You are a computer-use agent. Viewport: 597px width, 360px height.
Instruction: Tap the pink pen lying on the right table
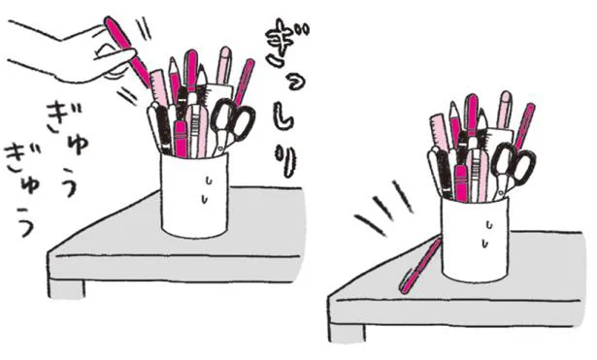click(x=420, y=266)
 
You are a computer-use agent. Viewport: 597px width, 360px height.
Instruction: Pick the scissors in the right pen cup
click(x=512, y=168)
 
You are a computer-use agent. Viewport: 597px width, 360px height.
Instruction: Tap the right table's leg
click(x=347, y=333)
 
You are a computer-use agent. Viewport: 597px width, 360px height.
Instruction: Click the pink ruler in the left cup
click(x=159, y=86)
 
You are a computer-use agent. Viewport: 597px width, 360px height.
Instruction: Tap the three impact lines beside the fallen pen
click(x=383, y=208)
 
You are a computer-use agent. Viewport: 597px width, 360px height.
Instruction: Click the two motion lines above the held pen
click(x=145, y=28)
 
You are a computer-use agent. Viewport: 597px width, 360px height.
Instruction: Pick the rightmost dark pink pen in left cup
click(x=245, y=82)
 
